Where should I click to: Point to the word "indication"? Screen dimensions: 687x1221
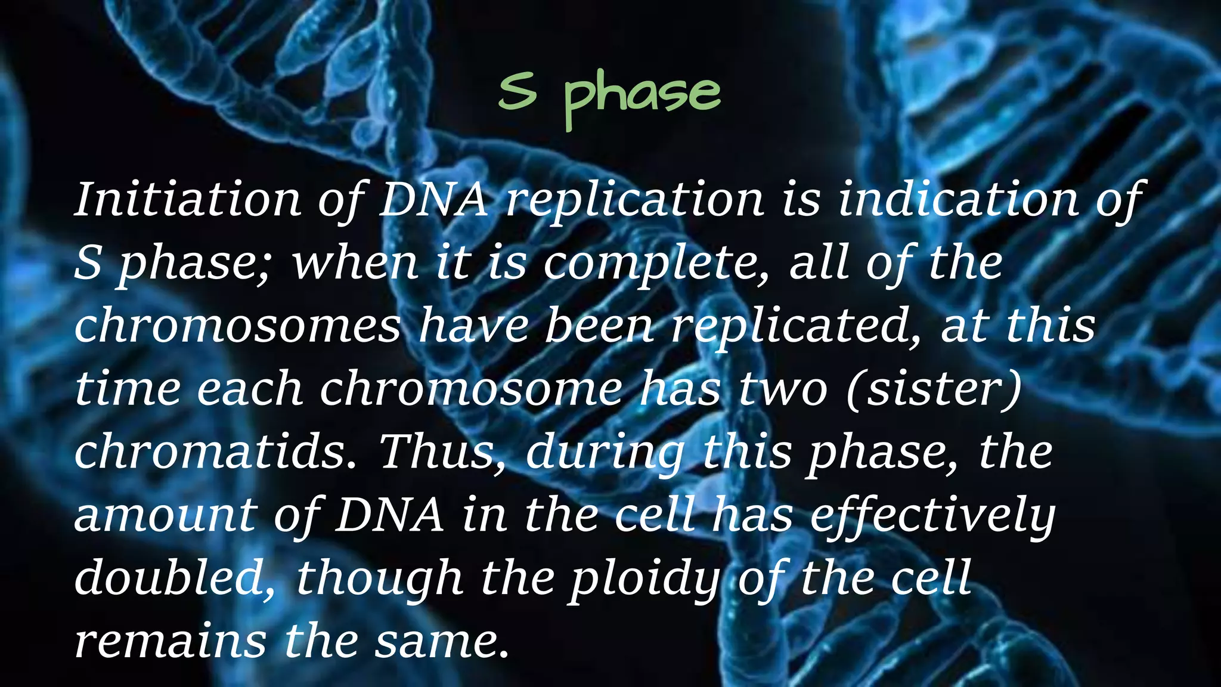coord(959,200)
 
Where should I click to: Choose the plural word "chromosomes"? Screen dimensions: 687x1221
coord(237,326)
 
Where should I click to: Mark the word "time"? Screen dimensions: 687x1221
coord(128,389)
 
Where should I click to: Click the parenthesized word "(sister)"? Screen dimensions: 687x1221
coord(934,389)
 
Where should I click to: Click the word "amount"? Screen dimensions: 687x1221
coord(165,515)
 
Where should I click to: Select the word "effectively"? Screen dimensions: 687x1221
coord(932,515)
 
